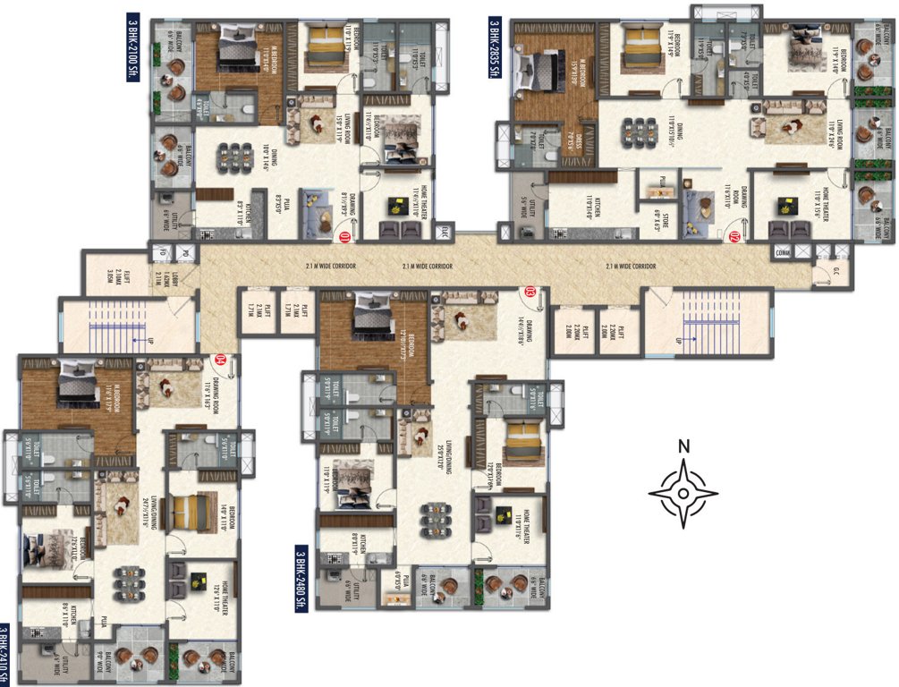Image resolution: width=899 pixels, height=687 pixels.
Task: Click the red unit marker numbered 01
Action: (344, 238)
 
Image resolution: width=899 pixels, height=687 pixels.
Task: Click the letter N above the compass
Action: (683, 445)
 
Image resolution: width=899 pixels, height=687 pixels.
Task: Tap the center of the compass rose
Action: (683, 492)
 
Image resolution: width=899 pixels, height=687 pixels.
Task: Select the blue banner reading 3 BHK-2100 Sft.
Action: (134, 49)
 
